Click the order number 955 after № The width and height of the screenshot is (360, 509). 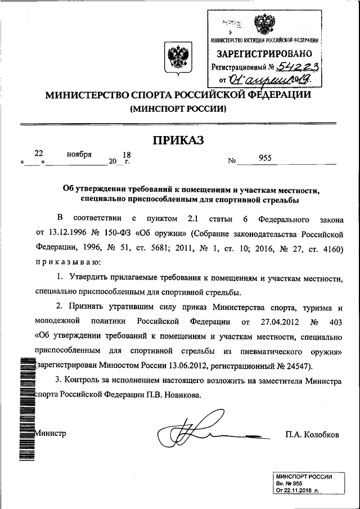coord(265,158)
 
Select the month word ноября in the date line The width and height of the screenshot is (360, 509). coord(79,154)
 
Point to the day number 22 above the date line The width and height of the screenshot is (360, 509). coord(39,152)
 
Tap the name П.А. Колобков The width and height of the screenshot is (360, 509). coord(312,435)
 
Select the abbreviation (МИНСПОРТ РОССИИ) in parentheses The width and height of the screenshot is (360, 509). coord(179,109)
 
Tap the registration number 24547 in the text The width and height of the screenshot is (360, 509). coord(293,366)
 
